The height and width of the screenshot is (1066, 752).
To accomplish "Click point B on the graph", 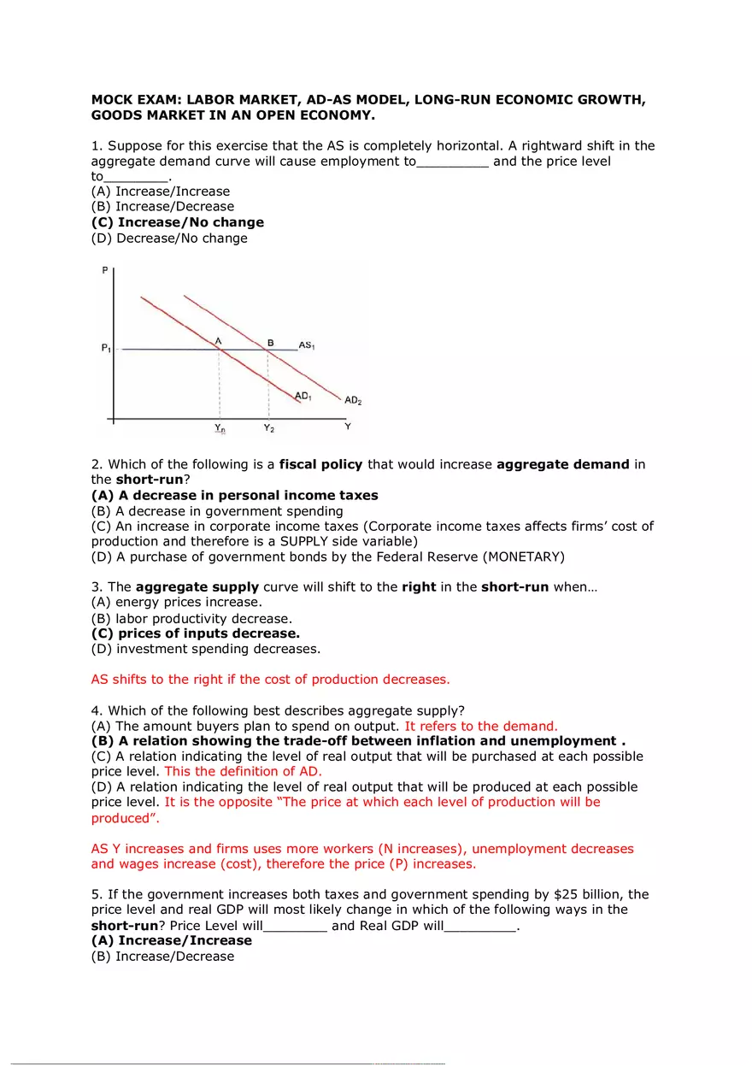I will [x=270, y=343].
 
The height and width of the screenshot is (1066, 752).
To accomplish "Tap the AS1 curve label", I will [x=307, y=345].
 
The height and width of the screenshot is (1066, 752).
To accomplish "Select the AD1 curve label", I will [x=303, y=396].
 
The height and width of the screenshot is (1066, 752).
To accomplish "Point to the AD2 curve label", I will [x=353, y=400].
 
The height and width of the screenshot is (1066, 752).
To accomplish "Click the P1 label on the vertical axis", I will [x=105, y=349].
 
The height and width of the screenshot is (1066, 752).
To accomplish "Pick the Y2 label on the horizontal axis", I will [x=268, y=427].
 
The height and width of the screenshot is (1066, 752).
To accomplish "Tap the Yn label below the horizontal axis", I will [x=220, y=427].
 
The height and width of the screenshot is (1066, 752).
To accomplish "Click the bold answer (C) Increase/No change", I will [x=178, y=222].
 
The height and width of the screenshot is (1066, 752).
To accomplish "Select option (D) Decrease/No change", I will [x=169, y=239].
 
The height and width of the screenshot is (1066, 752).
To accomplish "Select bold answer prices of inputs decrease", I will [x=196, y=634].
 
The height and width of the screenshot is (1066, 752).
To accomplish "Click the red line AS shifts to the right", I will [x=270, y=680].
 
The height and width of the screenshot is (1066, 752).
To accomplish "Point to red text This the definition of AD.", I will [x=243, y=771].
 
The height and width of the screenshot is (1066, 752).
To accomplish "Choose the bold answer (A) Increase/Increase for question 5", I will [x=172, y=940].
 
